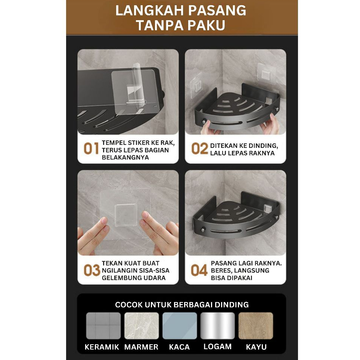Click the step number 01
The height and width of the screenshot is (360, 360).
click(x=91, y=148)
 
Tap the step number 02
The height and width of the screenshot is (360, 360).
click(x=200, y=148)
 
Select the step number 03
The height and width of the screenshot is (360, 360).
click(x=92, y=270)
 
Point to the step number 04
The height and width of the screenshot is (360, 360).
click(x=199, y=270)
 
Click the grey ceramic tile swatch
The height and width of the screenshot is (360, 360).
click(x=103, y=326)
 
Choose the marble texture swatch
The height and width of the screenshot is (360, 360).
click(x=142, y=326)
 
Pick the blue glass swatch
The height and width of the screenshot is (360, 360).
click(x=180, y=326)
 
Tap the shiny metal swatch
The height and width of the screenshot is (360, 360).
click(x=218, y=326)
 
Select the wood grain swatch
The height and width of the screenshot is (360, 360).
click(x=256, y=326)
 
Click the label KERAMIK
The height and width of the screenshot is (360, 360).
click(x=102, y=347)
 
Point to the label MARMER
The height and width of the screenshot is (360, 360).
click(x=141, y=347)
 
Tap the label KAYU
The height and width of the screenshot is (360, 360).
click(x=256, y=347)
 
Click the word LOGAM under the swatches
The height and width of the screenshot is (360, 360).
click(x=218, y=347)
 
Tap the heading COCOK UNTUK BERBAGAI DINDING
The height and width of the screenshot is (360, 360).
click(x=182, y=305)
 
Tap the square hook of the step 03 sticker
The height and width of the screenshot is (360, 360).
click(x=125, y=215)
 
